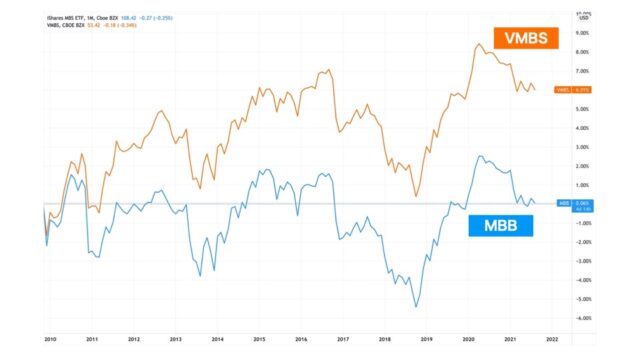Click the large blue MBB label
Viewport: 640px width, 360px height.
pyautogui.click(x=500, y=225)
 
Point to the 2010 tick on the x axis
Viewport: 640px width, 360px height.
pyautogui.click(x=48, y=340)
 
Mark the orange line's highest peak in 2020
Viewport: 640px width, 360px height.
pyautogui.click(x=478, y=44)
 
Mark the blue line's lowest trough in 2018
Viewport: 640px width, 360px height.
pyautogui.click(x=416, y=306)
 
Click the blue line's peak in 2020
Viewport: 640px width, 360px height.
pyautogui.click(x=481, y=156)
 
